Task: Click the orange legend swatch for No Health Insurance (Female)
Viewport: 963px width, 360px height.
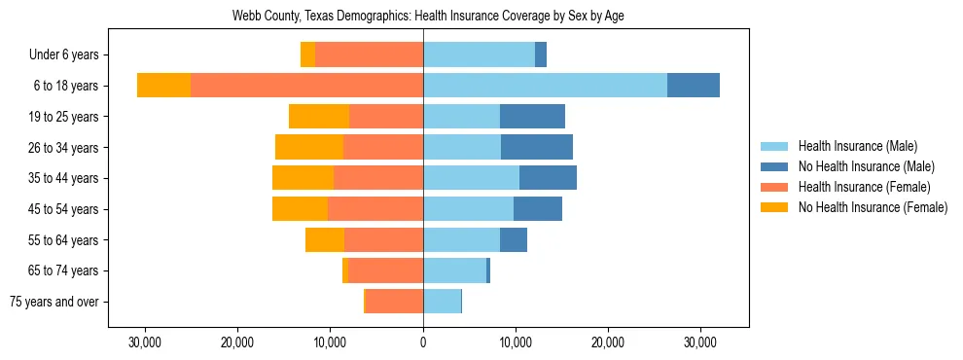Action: [775, 207]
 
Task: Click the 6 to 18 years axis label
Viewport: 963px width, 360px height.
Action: [66, 86]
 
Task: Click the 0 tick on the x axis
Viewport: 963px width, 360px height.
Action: [423, 342]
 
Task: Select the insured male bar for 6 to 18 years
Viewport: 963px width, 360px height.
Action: [545, 86]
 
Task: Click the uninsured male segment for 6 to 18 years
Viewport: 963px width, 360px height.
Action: [694, 86]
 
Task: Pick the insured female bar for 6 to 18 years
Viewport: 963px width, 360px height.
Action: [306, 86]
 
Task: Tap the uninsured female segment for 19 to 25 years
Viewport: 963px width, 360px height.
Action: [319, 117]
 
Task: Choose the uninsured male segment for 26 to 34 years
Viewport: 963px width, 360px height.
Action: [537, 147]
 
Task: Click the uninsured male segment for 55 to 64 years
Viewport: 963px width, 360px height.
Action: [514, 239]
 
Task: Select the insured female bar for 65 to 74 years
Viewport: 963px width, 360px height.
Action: [385, 270]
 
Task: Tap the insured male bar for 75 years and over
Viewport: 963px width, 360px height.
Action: [442, 302]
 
